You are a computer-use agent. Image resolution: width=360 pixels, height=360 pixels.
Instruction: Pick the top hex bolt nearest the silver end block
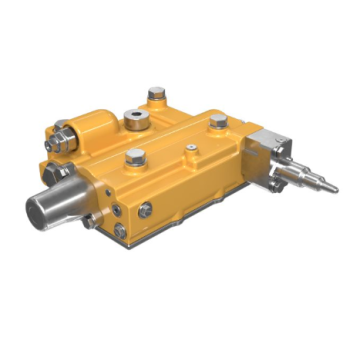218,122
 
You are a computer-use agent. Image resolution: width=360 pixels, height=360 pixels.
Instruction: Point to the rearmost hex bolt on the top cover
155,94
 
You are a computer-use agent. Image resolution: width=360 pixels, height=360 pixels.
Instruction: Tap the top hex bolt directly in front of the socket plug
134,156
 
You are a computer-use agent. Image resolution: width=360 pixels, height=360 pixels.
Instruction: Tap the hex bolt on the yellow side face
146,208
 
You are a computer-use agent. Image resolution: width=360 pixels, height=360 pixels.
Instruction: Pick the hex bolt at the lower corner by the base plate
119,230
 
